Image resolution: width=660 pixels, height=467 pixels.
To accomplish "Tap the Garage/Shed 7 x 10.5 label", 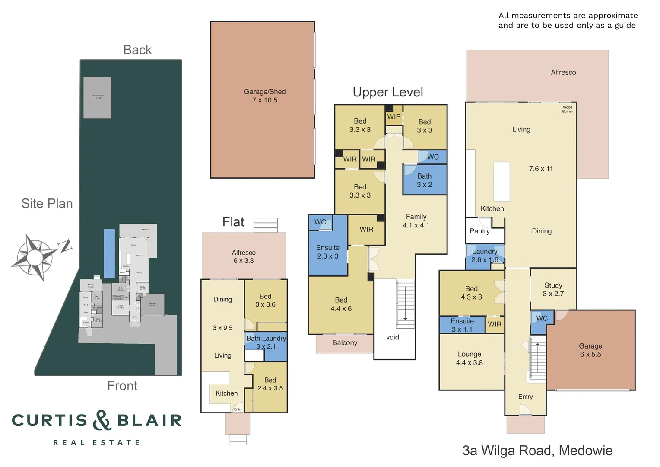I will pyautogui.click(x=265, y=96).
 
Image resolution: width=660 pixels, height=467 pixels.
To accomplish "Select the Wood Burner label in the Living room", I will pyautogui.click(x=567, y=109).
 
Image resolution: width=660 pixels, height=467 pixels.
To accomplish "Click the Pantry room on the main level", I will pyautogui.click(x=480, y=231).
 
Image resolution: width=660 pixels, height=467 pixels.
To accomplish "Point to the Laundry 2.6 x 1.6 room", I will pyautogui.click(x=484, y=256).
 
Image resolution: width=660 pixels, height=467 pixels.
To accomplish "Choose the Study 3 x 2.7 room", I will pyautogui.click(x=553, y=289).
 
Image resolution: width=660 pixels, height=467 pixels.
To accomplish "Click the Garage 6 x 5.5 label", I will pyautogui.click(x=590, y=350).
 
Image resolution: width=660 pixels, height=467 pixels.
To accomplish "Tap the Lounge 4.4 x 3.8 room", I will pyautogui.click(x=470, y=358).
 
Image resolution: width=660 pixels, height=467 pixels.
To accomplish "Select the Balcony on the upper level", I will pyautogui.click(x=345, y=343).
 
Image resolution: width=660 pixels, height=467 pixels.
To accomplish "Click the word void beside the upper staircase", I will pyautogui.click(x=392, y=337).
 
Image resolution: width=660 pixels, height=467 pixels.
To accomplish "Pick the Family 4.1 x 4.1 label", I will pyautogui.click(x=416, y=221).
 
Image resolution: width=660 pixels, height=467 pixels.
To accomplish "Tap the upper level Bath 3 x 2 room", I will pyautogui.click(x=424, y=180).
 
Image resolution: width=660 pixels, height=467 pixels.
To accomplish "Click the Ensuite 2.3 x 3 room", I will pyautogui.click(x=327, y=252).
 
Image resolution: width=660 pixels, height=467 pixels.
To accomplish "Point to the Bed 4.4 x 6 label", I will pyautogui.click(x=341, y=304).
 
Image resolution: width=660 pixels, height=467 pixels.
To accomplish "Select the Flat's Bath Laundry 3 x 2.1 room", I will pyautogui.click(x=266, y=342).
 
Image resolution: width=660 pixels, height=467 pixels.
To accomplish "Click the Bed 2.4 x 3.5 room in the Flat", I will pyautogui.click(x=270, y=384).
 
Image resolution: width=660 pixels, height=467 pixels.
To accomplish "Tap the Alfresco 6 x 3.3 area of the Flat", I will pyautogui.click(x=244, y=256).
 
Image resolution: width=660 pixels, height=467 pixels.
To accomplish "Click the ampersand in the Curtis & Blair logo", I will pyautogui.click(x=102, y=420).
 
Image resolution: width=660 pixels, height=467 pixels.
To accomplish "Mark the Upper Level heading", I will pyautogui.click(x=387, y=92).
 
